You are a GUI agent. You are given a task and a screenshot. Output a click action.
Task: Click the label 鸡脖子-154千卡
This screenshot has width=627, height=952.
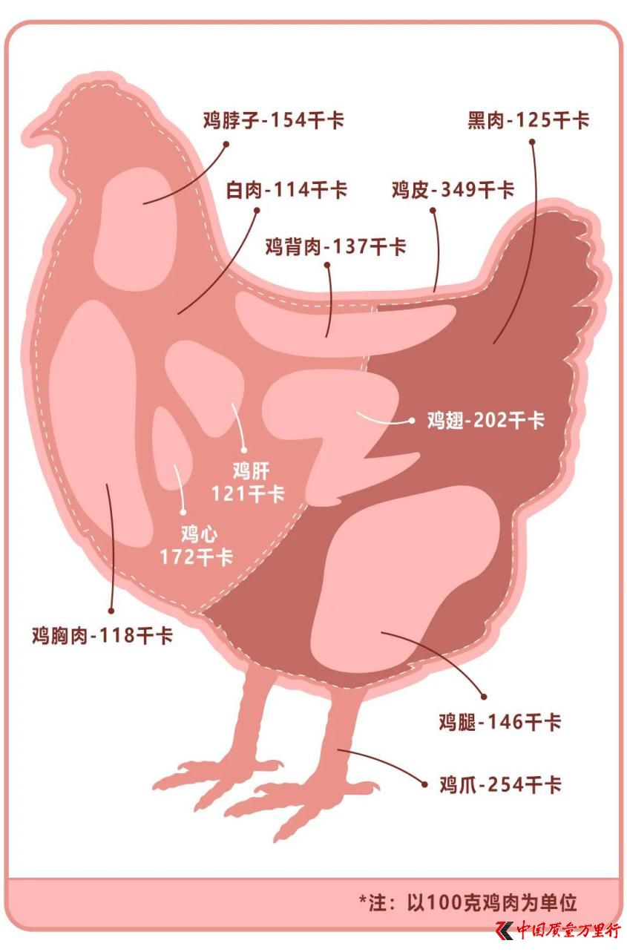coord(273,120)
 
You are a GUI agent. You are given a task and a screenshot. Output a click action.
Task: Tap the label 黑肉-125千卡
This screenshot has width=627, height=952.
coord(528,120)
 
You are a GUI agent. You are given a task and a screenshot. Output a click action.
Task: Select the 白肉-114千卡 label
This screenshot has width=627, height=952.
coord(286,189)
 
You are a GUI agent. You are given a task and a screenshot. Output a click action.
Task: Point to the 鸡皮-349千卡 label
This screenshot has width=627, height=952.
coord(453,189)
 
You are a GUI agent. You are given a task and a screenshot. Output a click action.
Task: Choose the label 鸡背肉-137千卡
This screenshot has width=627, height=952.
coord(336,246)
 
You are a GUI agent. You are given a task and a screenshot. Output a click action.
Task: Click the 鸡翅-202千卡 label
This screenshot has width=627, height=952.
coord(486,420)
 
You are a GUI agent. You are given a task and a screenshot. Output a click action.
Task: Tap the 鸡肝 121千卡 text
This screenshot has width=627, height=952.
coord(249,483)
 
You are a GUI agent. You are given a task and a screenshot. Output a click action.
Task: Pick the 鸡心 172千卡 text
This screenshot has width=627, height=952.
coord(197,545)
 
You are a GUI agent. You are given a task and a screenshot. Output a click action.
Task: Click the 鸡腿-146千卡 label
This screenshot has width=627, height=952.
coord(500,722)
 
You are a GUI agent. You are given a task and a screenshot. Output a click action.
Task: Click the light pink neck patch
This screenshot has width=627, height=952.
coord(135,229)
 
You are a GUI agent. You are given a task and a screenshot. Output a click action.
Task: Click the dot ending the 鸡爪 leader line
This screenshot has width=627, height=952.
coord(424,784)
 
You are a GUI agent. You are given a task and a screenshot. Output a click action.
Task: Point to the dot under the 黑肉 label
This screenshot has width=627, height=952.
coord(532,142)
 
